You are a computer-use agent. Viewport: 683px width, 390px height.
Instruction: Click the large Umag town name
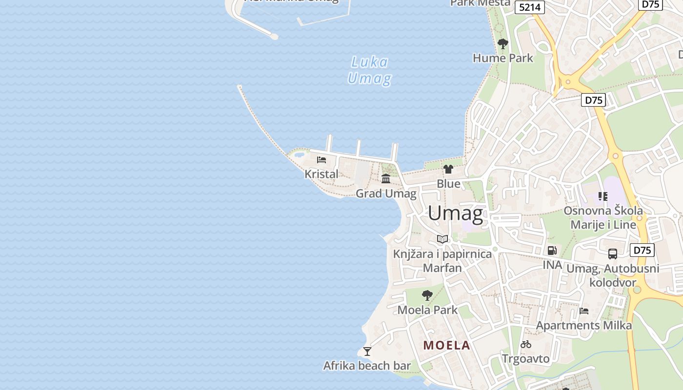pyautogui.click(x=456, y=214)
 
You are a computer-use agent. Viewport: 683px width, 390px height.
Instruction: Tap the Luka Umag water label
pyautogui.click(x=369, y=70)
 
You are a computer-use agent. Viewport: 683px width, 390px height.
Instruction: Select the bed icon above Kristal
pyautogui.click(x=321, y=159)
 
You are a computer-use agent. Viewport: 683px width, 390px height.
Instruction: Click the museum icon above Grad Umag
pyautogui.click(x=386, y=178)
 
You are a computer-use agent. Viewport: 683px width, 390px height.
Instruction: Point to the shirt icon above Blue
pyautogui.click(x=448, y=169)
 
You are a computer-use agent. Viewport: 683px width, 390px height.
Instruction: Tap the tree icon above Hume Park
pyautogui.click(x=503, y=44)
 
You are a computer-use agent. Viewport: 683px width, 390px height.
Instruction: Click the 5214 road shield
pyautogui.click(x=530, y=7)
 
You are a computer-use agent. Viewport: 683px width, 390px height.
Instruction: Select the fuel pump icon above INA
pyautogui.click(x=552, y=251)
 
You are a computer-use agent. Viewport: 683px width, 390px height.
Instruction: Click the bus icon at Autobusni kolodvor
pyautogui.click(x=613, y=254)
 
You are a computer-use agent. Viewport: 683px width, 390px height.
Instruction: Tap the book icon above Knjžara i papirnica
pyautogui.click(x=442, y=239)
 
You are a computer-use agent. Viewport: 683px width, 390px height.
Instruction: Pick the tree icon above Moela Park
pyautogui.click(x=427, y=295)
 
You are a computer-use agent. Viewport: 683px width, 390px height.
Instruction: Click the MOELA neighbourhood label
pyautogui.click(x=446, y=346)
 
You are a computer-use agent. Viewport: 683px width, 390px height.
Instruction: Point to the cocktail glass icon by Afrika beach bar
pyautogui.click(x=367, y=351)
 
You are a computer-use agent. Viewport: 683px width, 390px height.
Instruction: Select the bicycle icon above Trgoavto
pyautogui.click(x=526, y=344)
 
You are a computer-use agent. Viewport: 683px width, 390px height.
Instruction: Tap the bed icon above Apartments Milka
pyautogui.click(x=584, y=311)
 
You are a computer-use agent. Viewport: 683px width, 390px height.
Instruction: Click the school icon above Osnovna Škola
pyautogui.click(x=603, y=196)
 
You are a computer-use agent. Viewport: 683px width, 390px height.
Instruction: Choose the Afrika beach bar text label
pyautogui.click(x=367, y=366)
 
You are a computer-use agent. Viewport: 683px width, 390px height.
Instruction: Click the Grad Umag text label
pyautogui.click(x=386, y=194)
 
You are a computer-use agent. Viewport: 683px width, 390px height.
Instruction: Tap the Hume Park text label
pyautogui.click(x=503, y=58)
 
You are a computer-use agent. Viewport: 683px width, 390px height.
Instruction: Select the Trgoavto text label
pyautogui.click(x=526, y=359)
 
